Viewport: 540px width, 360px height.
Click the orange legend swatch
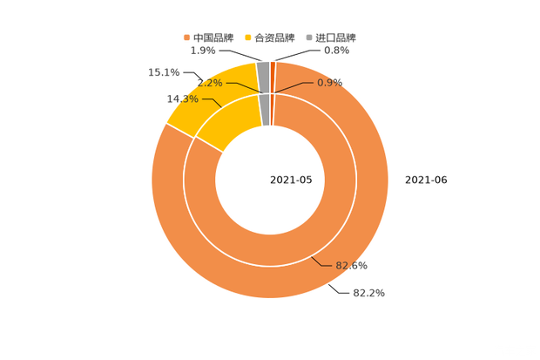[x=186, y=37]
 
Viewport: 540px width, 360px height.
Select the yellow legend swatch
[x=250, y=37]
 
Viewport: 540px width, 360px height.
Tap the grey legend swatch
[x=309, y=37]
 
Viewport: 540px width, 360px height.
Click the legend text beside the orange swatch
[x=213, y=37]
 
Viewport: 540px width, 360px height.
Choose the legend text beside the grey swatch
[x=335, y=37]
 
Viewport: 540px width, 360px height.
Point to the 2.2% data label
[x=210, y=83]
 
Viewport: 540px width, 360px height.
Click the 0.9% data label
[x=329, y=82]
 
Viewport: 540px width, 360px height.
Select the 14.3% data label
[x=181, y=98]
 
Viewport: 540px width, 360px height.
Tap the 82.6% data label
[x=352, y=265]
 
